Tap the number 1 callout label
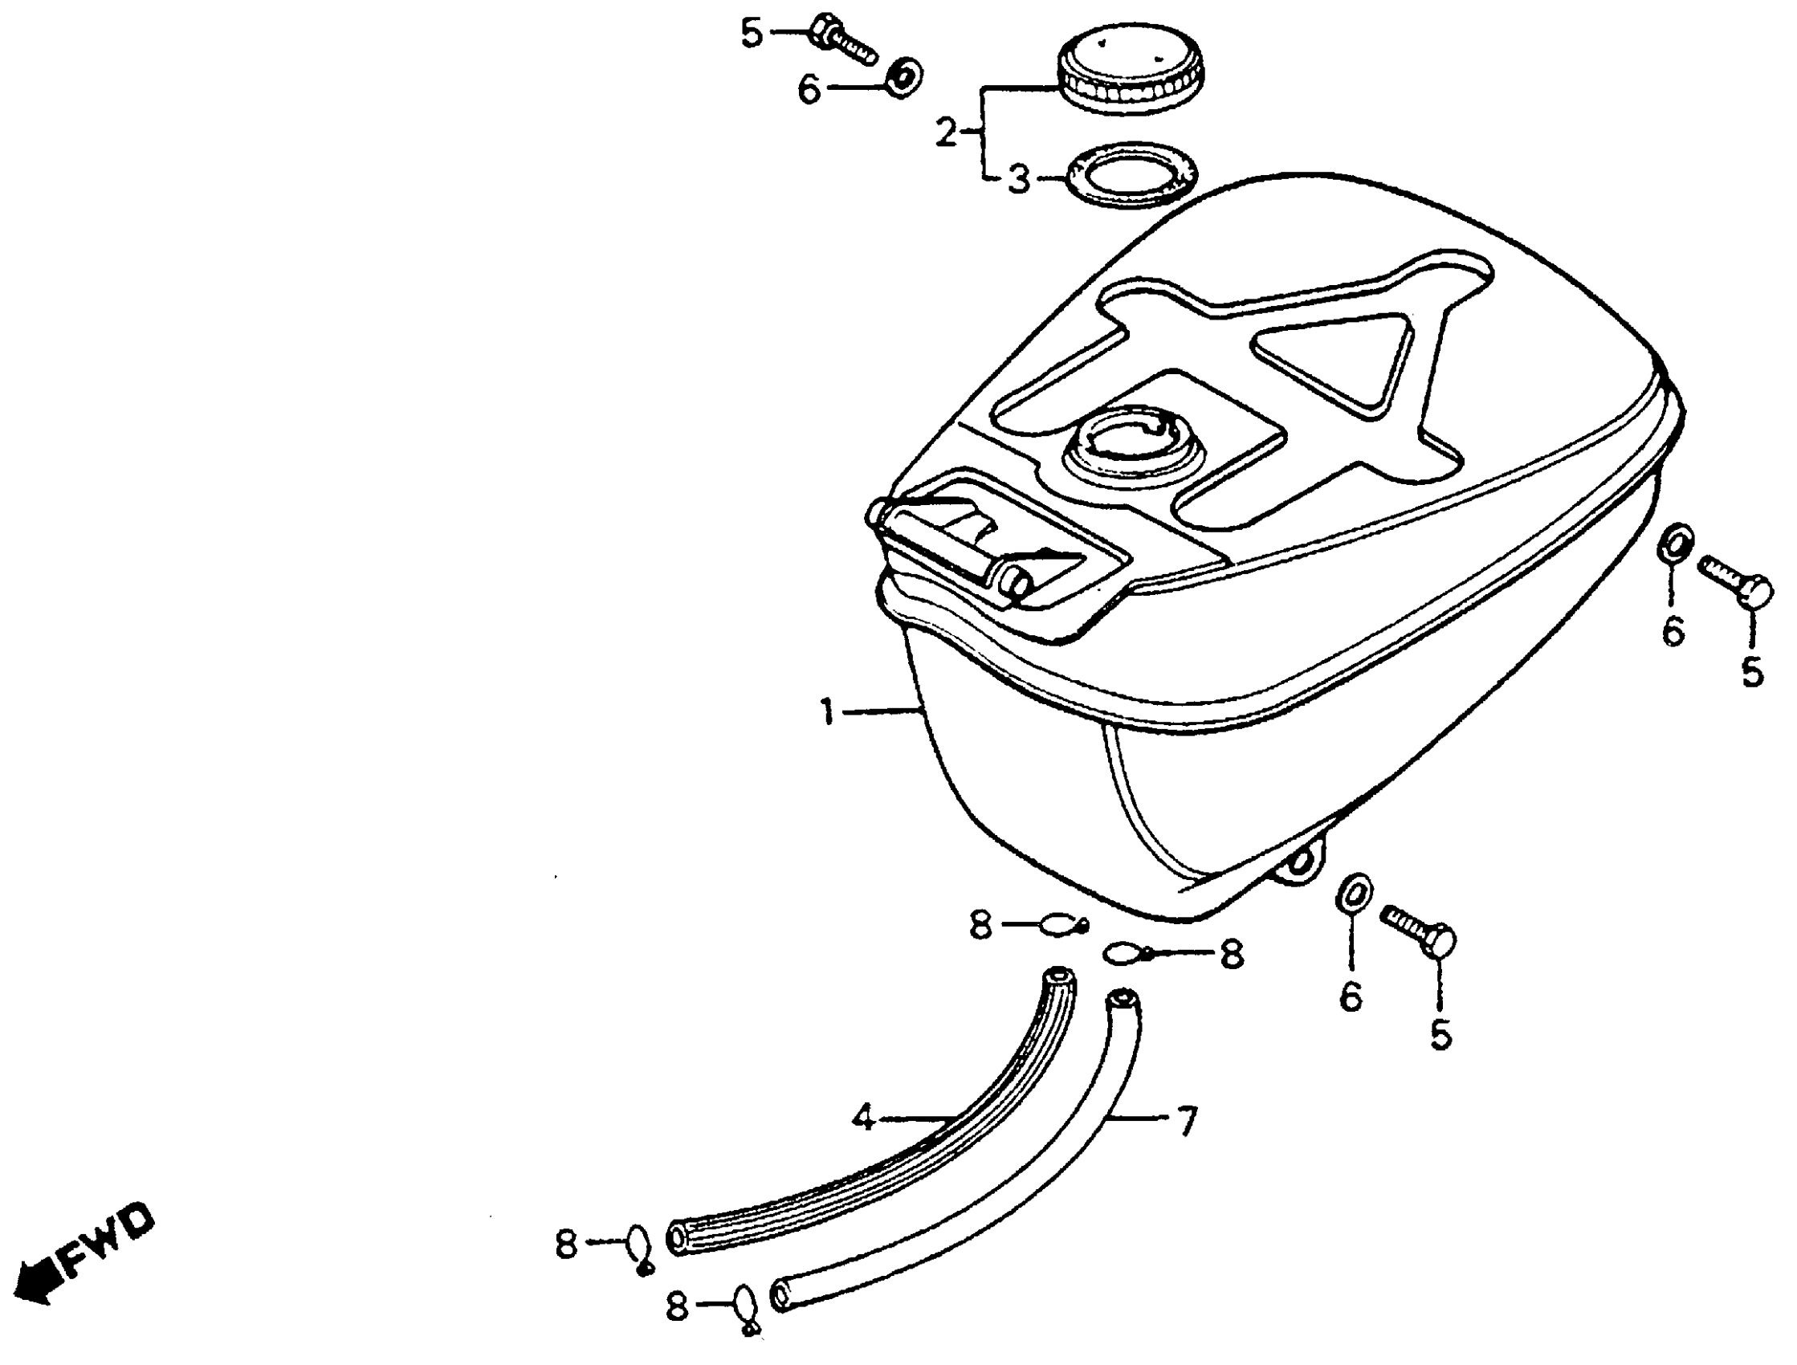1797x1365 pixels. point(827,712)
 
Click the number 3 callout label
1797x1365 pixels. point(1019,179)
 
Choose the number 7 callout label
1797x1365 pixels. point(1187,1123)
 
